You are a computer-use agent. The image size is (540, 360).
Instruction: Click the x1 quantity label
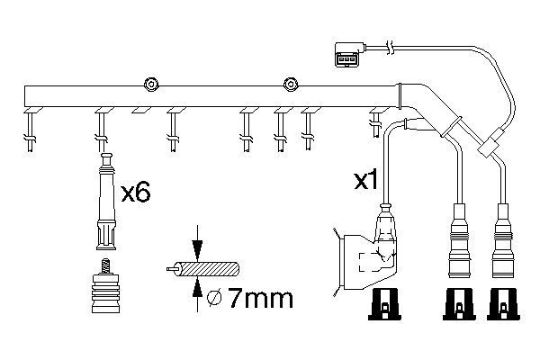click(x=366, y=180)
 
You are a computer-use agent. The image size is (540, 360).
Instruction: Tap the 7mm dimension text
click(x=261, y=298)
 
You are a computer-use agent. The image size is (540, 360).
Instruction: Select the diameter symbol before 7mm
click(x=214, y=298)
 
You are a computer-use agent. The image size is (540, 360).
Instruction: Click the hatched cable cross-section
click(x=206, y=269)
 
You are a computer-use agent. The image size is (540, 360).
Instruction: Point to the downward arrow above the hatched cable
click(x=197, y=244)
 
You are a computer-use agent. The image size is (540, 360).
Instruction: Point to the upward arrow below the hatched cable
click(x=197, y=293)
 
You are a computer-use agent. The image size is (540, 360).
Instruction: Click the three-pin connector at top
click(x=349, y=54)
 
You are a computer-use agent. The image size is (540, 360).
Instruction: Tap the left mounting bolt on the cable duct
click(x=151, y=85)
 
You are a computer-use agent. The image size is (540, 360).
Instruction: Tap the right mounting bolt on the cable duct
click(x=291, y=85)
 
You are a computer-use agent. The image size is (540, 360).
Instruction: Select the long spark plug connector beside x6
click(x=106, y=202)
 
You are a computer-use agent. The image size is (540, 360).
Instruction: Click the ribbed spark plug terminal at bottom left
click(x=106, y=292)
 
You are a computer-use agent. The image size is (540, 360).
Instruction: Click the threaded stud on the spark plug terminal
click(x=106, y=266)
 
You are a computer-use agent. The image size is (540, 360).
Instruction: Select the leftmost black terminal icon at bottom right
click(x=384, y=304)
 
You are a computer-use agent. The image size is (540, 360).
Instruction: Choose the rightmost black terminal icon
click(x=503, y=304)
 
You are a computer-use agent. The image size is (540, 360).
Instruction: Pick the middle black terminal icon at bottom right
click(x=459, y=304)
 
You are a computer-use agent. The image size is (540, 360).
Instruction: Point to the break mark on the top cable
click(x=390, y=48)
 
